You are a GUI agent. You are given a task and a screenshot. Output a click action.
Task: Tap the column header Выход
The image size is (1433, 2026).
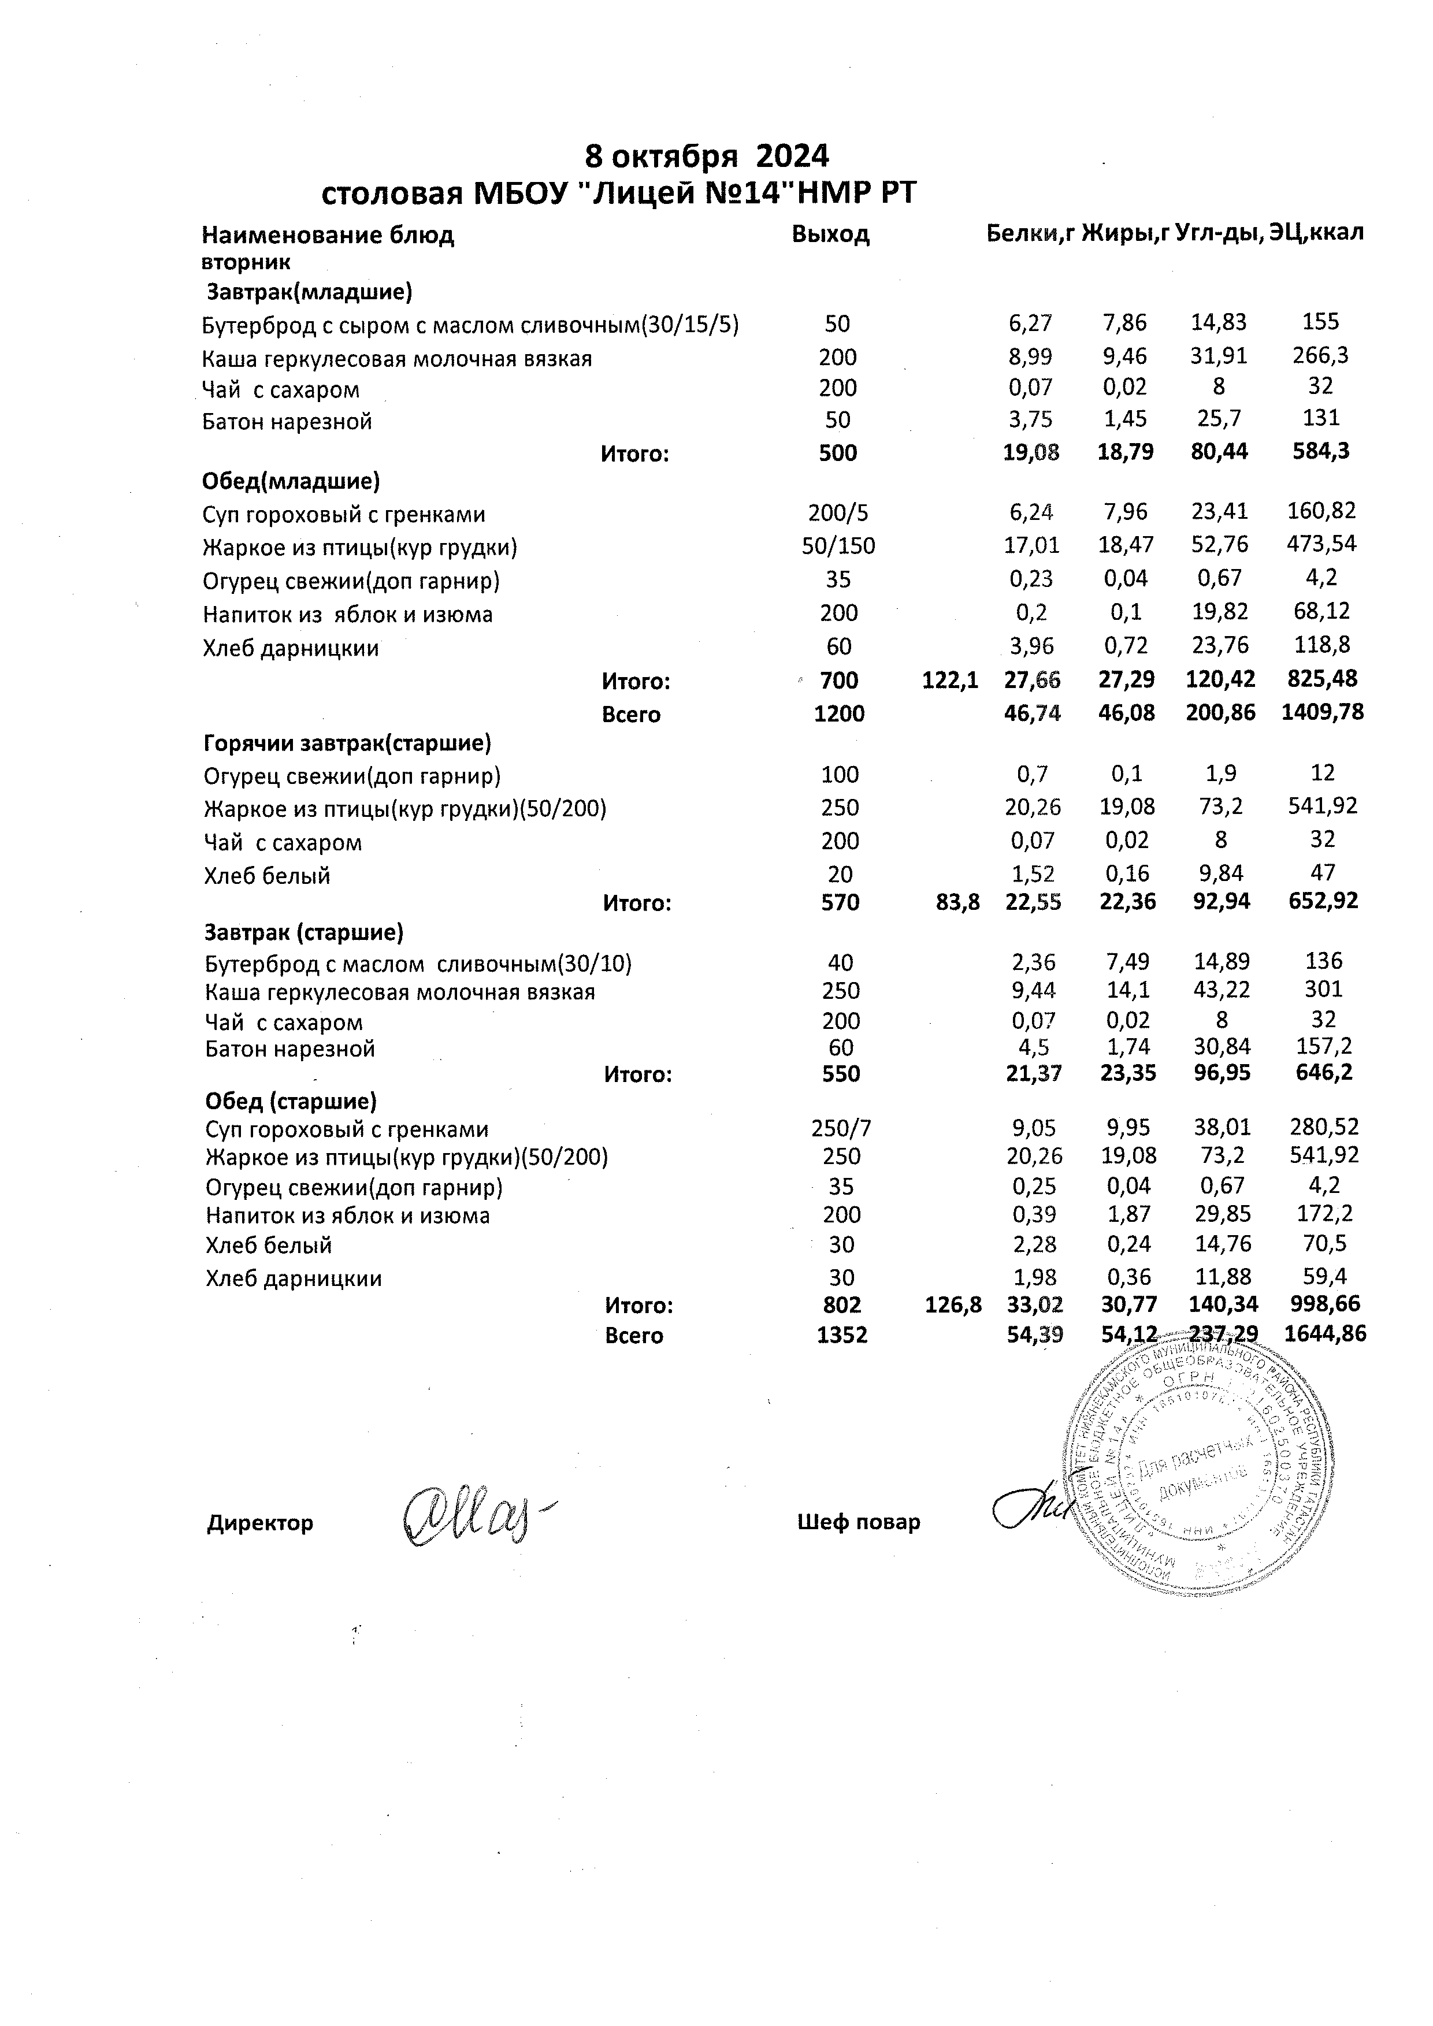(x=830, y=234)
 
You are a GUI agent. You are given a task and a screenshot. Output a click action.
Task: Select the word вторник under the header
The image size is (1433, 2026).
(x=246, y=262)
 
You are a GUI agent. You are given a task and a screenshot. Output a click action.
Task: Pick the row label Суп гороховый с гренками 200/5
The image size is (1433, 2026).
(x=344, y=514)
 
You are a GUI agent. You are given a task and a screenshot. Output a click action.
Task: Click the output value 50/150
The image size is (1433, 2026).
(x=838, y=546)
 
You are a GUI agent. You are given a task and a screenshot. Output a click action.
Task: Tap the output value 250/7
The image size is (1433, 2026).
(x=841, y=1129)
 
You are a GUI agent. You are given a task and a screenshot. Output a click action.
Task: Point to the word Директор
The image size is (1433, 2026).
(x=260, y=1522)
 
